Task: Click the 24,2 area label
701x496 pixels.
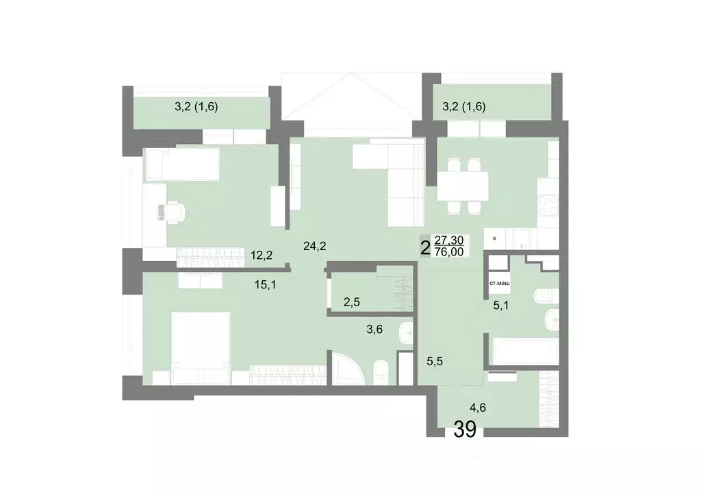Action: click(314, 244)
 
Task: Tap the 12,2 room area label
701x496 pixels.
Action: click(262, 256)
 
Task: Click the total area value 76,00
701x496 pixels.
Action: click(450, 251)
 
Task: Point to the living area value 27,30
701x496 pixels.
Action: click(449, 240)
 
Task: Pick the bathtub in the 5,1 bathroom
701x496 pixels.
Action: click(522, 350)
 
